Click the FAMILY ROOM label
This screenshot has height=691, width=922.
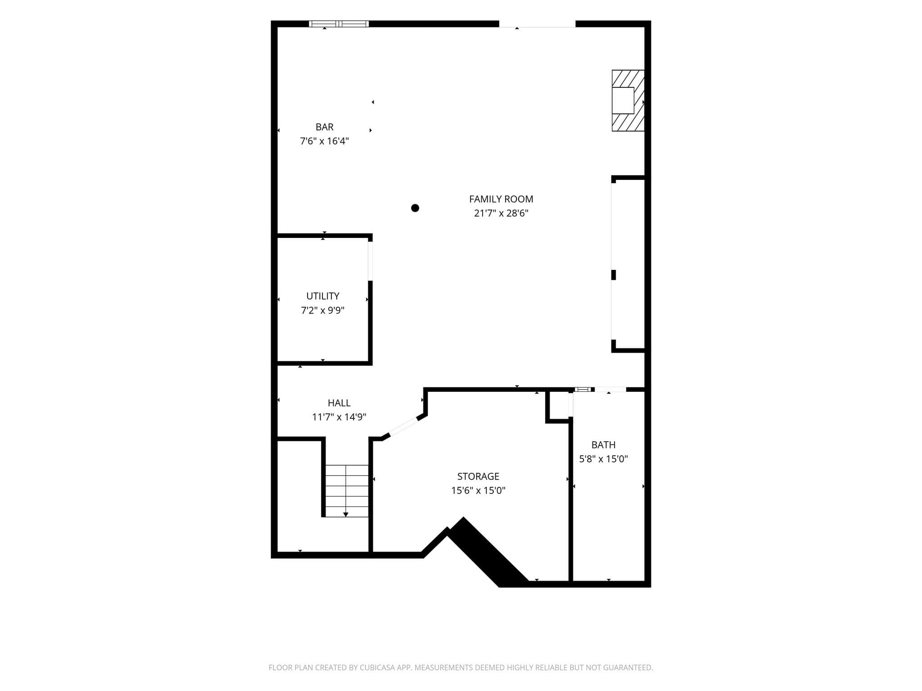coord(501,199)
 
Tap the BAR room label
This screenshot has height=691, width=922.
coord(325,127)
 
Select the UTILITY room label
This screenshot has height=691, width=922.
coord(323,296)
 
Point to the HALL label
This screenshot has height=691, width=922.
coord(339,403)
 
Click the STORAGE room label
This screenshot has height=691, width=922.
coord(478,476)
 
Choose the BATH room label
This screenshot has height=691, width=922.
coord(603,445)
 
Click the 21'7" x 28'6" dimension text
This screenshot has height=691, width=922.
coord(501,213)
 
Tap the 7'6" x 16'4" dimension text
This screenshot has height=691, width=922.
coord(325,141)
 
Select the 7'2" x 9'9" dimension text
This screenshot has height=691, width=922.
coord(323,310)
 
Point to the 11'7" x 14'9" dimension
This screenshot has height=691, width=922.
coord(339,417)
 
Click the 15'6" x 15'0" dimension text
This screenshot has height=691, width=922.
coord(478,490)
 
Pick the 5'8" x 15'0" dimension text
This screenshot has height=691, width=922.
coord(603,459)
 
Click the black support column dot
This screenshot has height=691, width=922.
coord(415,208)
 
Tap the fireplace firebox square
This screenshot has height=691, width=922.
coord(623,100)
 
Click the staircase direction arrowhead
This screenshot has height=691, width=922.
coord(346,514)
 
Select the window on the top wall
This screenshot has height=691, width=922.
coord(339,24)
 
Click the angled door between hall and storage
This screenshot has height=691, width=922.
coord(404,426)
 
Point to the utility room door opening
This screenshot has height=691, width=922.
coord(371,261)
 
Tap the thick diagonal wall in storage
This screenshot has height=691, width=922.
coord(490,552)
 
